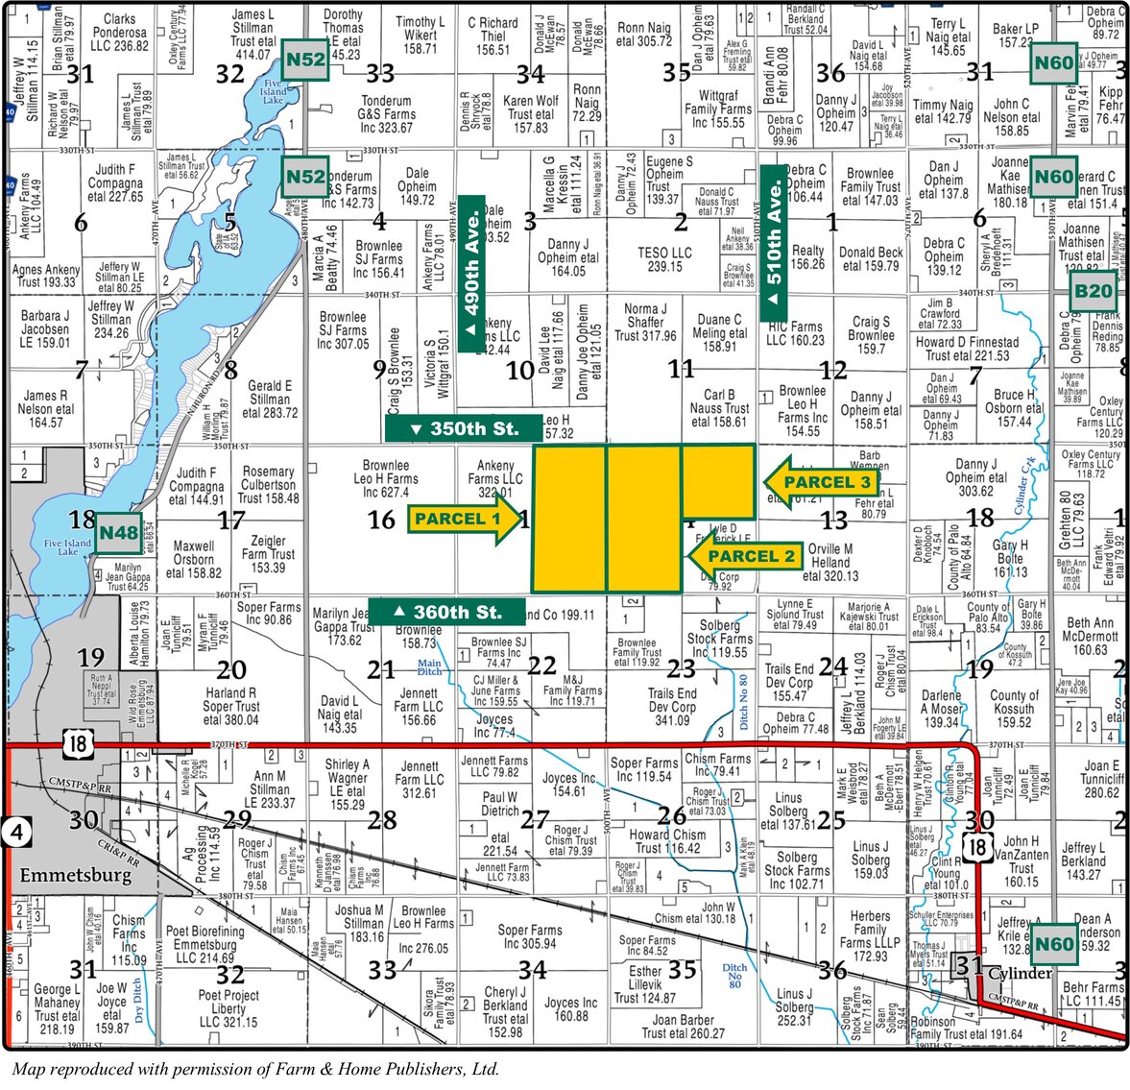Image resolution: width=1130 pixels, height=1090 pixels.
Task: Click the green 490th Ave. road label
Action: pyautogui.click(x=471, y=274)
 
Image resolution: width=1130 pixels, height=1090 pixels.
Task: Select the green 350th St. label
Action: pyautogui.click(x=463, y=428)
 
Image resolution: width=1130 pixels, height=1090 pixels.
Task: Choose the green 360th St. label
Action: pyautogui.click(x=447, y=612)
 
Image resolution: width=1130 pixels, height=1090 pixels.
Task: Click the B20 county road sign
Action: pyautogui.click(x=1093, y=292)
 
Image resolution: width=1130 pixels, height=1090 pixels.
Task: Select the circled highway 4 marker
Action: pyautogui.click(x=15, y=831)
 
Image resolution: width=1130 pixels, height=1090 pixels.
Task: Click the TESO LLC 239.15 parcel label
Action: pyautogui.click(x=664, y=259)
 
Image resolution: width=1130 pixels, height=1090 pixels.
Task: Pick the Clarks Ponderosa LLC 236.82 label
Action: pyautogui.click(x=119, y=32)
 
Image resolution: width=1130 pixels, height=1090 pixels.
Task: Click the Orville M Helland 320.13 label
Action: pyautogui.click(x=830, y=563)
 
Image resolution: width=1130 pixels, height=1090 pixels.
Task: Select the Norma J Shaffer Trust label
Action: pyautogui.click(x=645, y=323)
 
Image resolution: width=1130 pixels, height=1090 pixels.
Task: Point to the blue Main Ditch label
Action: pyautogui.click(x=429, y=666)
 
